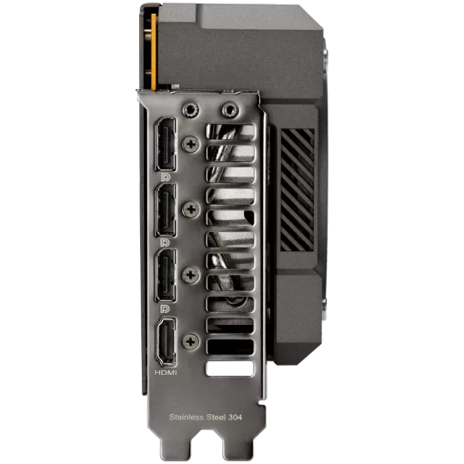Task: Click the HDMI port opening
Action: click(x=166, y=341)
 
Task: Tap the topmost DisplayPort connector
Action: click(x=166, y=145)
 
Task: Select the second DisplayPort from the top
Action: click(x=166, y=210)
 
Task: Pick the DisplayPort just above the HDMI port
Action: click(x=166, y=276)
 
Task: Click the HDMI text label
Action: click(x=166, y=372)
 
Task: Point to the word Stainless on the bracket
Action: click(x=187, y=417)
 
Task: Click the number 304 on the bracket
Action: click(x=235, y=418)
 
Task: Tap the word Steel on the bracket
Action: click(x=215, y=417)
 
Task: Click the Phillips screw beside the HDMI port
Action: click(x=191, y=342)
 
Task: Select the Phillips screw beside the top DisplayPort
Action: click(x=191, y=144)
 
